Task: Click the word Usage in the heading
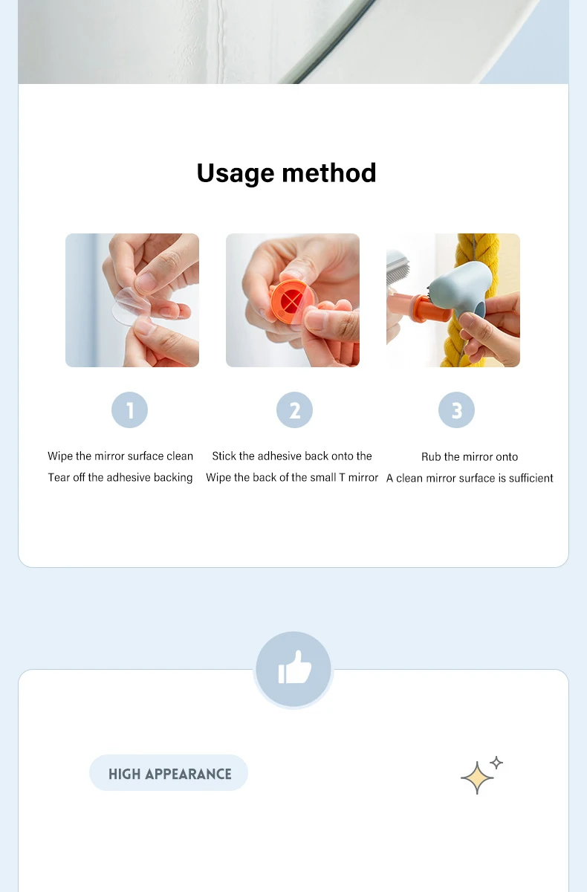(236, 174)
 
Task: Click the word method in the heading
(328, 172)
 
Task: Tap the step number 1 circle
(130, 410)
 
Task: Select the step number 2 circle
(294, 410)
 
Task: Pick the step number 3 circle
(456, 410)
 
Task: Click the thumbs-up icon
(294, 668)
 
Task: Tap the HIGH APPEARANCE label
(169, 774)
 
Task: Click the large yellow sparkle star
(477, 778)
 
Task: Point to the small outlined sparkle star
(496, 763)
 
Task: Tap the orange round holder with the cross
(292, 301)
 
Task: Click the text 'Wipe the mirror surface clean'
(120, 456)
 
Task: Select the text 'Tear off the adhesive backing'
(120, 477)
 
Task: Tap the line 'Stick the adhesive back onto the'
(292, 456)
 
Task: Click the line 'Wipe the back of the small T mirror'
(292, 477)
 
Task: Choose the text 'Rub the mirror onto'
(470, 456)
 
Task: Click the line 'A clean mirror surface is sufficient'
(470, 478)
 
